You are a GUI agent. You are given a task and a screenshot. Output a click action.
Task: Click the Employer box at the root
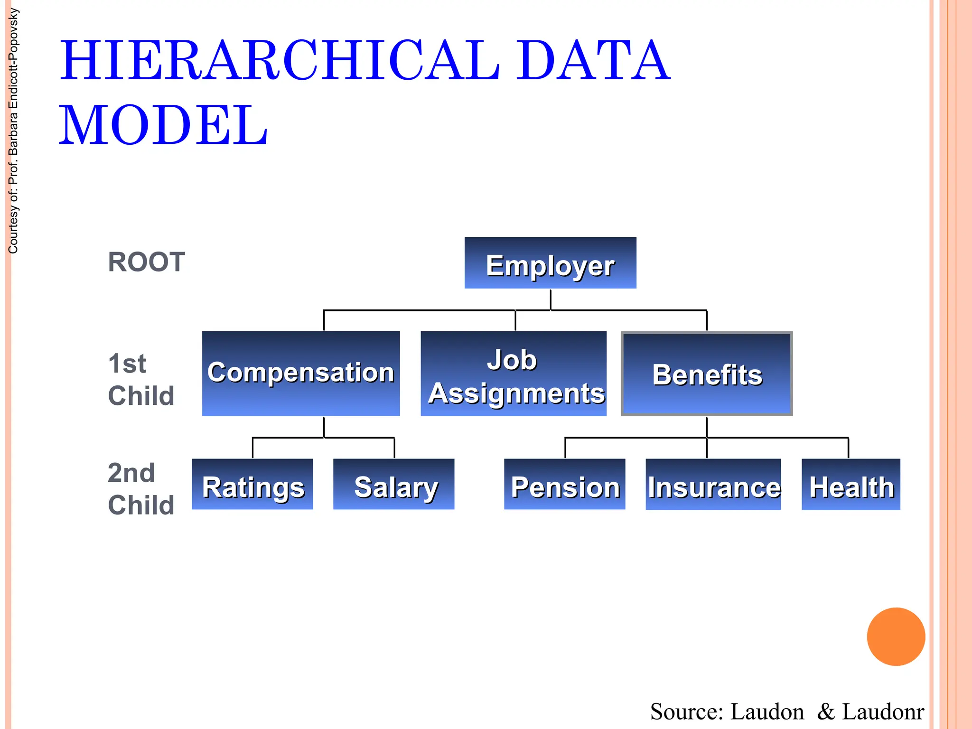550,263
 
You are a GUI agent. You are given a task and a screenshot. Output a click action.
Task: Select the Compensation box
301,374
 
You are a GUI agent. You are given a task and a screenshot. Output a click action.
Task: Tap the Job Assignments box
514,374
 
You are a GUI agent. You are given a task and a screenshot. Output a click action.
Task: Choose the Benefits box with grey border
707,374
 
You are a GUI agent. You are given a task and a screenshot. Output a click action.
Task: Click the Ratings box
252,484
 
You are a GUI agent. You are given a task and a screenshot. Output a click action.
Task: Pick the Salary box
394,484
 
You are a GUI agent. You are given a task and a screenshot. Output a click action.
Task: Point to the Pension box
565,484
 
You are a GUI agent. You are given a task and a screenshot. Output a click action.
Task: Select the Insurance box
713,484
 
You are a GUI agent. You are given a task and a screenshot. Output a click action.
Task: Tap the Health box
850,484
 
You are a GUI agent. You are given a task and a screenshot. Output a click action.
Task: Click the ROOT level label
146,262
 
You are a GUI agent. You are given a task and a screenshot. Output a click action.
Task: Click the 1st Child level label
141,380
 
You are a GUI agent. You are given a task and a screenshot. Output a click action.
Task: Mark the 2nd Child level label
141,489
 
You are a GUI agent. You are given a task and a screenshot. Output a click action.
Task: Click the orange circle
896,636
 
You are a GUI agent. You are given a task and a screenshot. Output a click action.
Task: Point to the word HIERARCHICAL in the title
280,61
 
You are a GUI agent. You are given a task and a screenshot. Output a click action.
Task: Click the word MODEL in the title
164,125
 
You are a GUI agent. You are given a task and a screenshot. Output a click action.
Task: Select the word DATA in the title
593,61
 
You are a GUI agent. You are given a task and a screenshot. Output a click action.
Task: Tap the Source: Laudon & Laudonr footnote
786,711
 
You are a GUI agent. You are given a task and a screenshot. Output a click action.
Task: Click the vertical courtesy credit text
13,131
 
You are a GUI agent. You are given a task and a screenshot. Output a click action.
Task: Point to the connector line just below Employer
551,299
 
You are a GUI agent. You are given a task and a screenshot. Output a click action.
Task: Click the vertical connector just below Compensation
324,427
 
